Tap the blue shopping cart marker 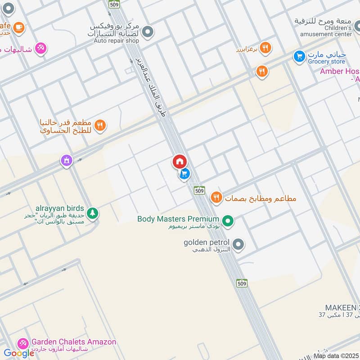point(184,173)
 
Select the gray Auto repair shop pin point(148,32)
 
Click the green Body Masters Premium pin point(228,220)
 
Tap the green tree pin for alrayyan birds point(92,212)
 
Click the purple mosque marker point(67,160)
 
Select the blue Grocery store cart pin point(298,56)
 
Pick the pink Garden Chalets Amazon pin point(22,343)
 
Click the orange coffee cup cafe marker point(18,28)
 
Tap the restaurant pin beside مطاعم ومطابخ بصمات point(216,197)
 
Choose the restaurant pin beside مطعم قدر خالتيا point(100,125)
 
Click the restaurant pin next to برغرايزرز point(265,47)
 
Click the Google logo point(19,353)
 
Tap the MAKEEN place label point(342,307)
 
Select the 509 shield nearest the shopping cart point(200,190)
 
